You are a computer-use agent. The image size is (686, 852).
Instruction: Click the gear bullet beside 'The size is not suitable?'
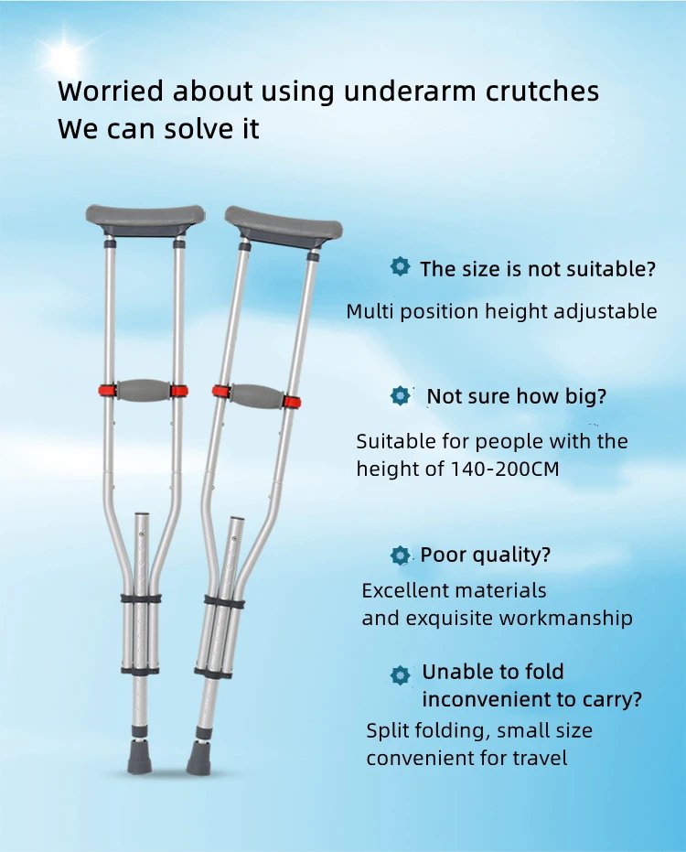(400, 267)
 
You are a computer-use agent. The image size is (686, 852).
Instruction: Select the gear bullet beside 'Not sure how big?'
(400, 396)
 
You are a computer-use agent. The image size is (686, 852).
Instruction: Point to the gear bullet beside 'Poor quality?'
(400, 555)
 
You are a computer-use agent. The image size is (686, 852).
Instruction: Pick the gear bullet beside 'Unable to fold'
(400, 675)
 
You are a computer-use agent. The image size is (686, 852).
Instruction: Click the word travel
(540, 759)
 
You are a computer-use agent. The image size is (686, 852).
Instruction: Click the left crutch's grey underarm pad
(145, 218)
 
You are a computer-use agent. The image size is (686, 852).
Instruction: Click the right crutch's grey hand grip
(257, 396)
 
